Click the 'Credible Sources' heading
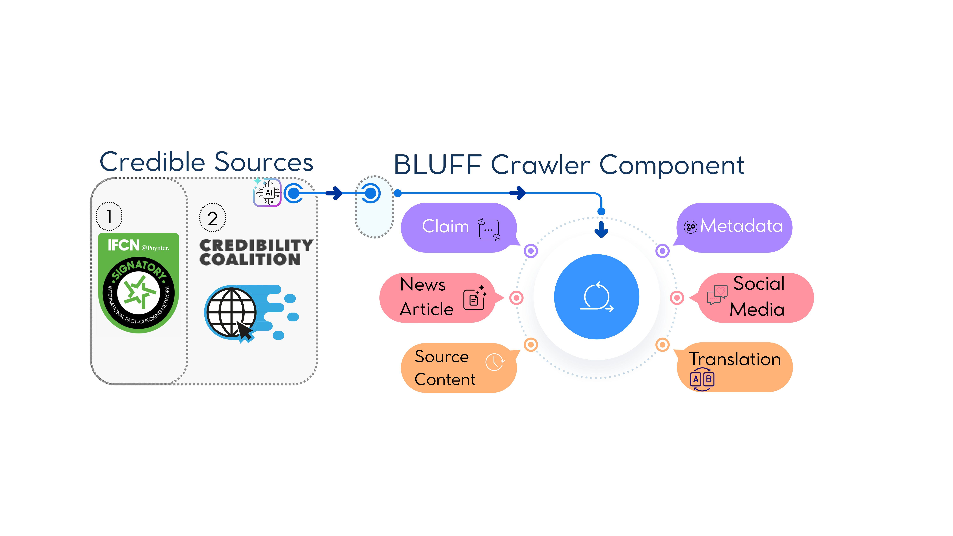click(x=206, y=162)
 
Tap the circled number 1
click(x=109, y=216)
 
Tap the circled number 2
click(x=212, y=218)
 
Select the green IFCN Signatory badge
click(x=139, y=283)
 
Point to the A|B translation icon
click(x=702, y=379)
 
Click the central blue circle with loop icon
click(x=596, y=297)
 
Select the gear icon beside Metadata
click(x=690, y=227)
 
